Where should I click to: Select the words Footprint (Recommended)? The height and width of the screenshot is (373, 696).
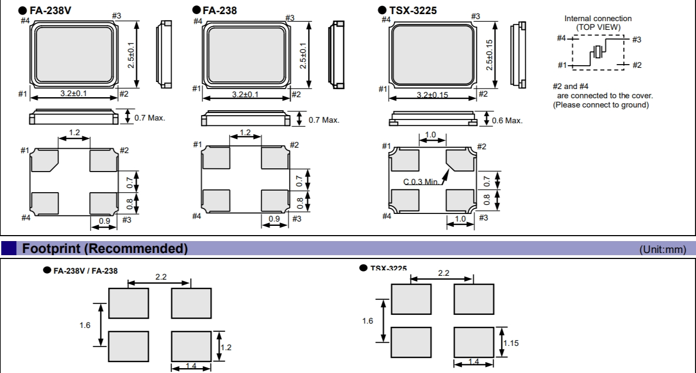[103, 249]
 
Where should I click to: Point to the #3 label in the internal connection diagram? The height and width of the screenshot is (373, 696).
[637, 39]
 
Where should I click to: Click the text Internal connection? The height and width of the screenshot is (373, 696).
[598, 18]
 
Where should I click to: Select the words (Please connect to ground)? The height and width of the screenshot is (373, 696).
[600, 105]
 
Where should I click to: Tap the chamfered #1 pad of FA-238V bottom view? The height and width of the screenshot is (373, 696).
[44, 161]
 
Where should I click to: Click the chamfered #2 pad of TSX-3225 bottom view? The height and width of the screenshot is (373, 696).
[460, 159]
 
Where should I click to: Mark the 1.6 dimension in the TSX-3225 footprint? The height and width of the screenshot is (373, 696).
[368, 321]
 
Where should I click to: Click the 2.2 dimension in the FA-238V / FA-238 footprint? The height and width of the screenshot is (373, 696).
[161, 277]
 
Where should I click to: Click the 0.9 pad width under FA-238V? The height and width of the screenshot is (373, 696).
[103, 221]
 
